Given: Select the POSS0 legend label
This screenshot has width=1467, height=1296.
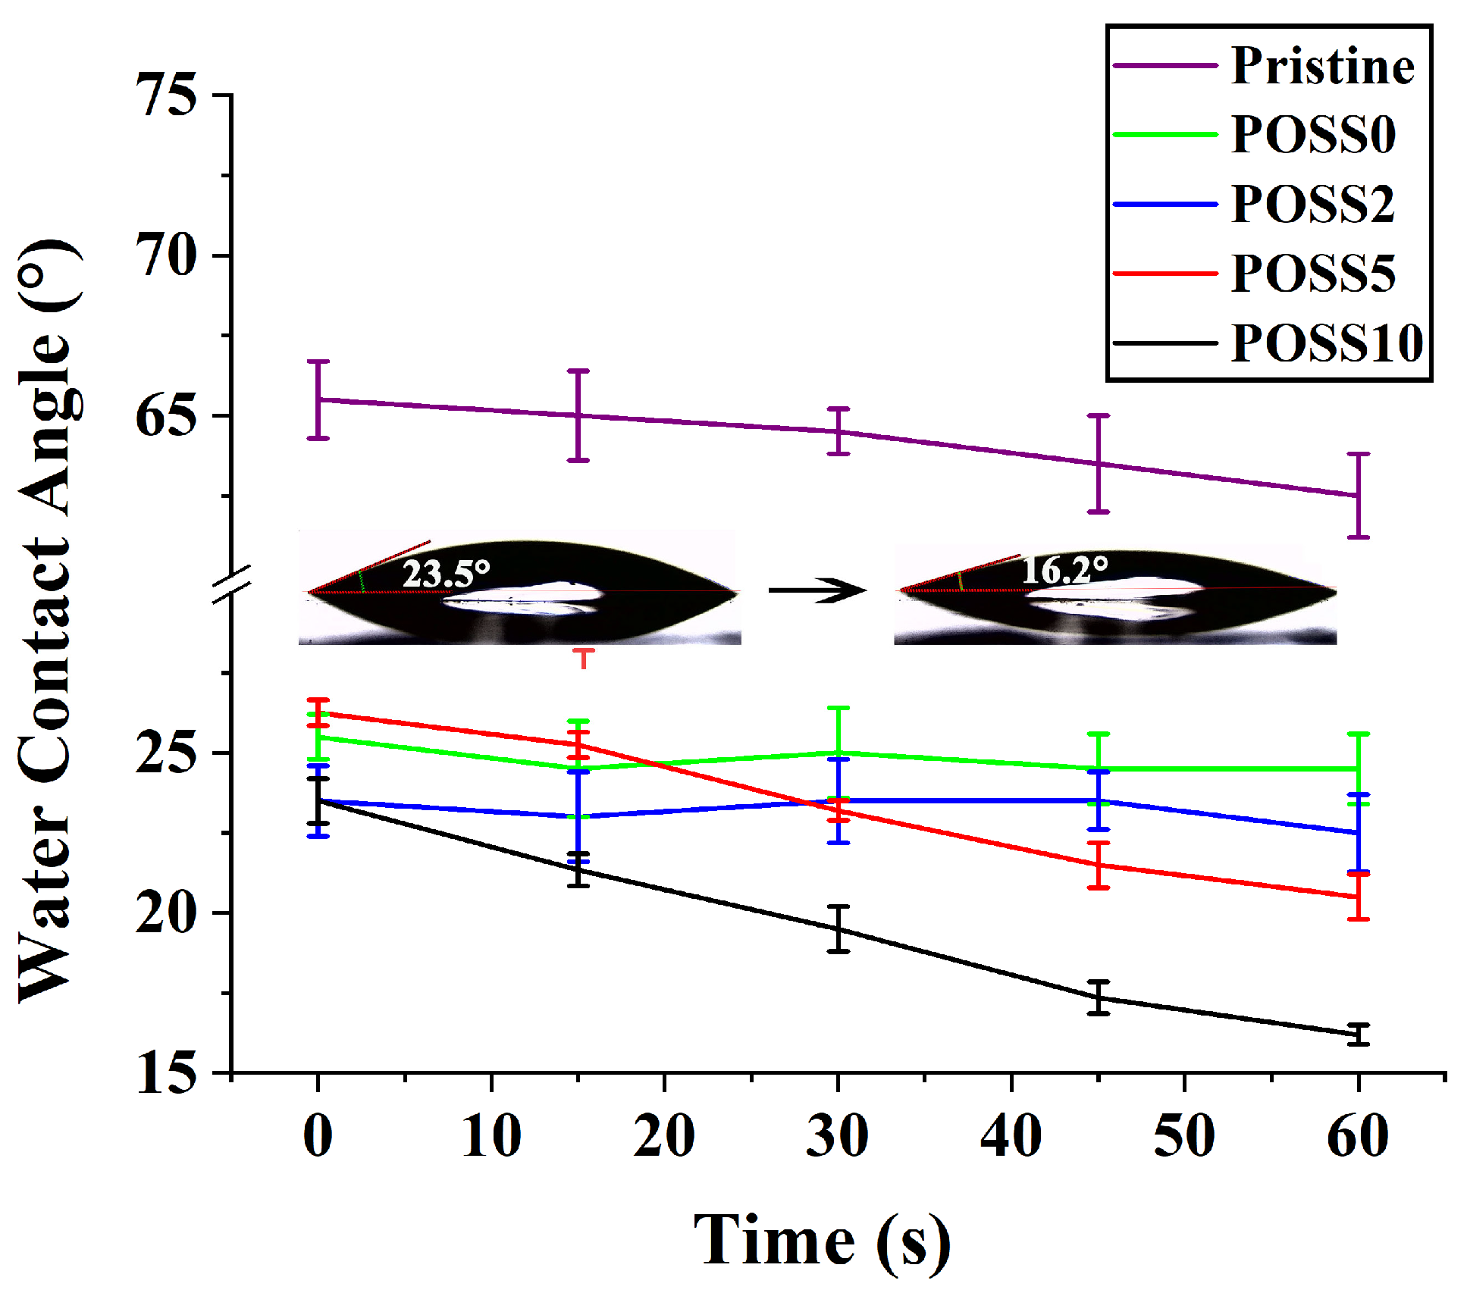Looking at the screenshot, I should pyautogui.click(x=1313, y=135).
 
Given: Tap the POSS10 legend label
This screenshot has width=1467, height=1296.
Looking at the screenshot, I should pyautogui.click(x=1327, y=343).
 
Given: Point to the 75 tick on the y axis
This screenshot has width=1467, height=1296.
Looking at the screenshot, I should pyautogui.click(x=166, y=95).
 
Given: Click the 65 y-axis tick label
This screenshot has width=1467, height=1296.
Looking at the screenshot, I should pyautogui.click(x=166, y=416).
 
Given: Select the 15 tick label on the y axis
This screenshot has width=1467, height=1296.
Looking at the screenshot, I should pyautogui.click(x=166, y=1073).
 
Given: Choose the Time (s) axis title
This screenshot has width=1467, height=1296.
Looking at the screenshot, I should pyautogui.click(x=822, y=1240).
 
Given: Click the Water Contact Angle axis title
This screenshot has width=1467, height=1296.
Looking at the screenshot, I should pyautogui.click(x=49, y=621).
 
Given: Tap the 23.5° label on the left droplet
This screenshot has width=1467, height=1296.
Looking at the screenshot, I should pyautogui.click(x=446, y=573).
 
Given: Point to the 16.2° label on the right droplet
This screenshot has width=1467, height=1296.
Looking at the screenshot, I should pyautogui.click(x=1064, y=569).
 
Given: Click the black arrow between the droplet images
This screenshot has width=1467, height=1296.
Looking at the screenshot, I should pyautogui.click(x=817, y=590).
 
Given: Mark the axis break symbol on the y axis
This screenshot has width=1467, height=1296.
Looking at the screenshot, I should pyautogui.click(x=231, y=584).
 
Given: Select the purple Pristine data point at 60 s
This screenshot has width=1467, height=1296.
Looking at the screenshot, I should pyautogui.click(x=1358, y=496).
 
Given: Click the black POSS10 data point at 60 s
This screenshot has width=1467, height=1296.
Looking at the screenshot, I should pyautogui.click(x=1358, y=1034).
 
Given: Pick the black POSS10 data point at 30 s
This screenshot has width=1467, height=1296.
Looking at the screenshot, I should pyautogui.click(x=838, y=928).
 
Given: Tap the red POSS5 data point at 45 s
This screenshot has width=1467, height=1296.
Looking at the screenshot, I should pyautogui.click(x=1099, y=865).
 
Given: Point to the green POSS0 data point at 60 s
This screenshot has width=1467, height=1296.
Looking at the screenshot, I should pyautogui.click(x=1358, y=769).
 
